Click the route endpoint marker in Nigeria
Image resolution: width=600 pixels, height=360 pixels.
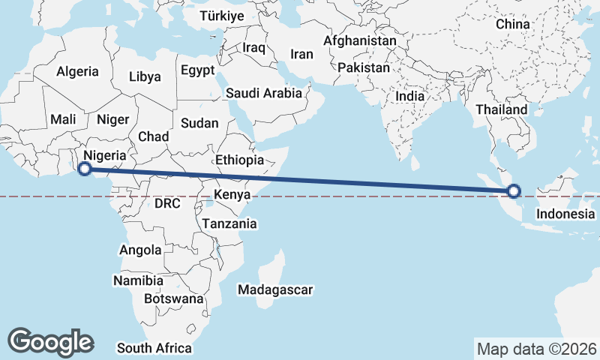(x=85, y=169)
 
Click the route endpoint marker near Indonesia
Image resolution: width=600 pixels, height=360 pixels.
(x=514, y=190)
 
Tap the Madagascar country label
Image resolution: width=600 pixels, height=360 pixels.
(x=274, y=289)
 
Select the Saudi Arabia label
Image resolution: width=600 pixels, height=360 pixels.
(x=264, y=94)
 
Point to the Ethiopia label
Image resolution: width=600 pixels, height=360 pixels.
(x=239, y=160)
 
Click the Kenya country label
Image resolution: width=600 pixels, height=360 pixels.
(x=232, y=195)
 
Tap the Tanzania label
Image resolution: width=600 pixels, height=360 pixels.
(x=229, y=223)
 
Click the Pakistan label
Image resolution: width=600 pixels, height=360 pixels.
(x=364, y=67)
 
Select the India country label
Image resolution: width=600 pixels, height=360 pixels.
(x=409, y=96)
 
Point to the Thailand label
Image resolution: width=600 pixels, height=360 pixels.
(x=501, y=109)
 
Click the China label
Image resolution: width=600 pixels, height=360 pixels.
(x=512, y=24)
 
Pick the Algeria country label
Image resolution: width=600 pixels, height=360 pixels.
(x=77, y=71)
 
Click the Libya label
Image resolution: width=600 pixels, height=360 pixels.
(x=145, y=76)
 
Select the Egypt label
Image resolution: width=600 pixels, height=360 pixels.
(x=197, y=70)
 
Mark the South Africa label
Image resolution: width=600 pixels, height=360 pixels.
(x=154, y=348)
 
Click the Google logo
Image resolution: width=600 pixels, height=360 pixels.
(x=51, y=341)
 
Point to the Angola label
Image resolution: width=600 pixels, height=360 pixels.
(x=140, y=250)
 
